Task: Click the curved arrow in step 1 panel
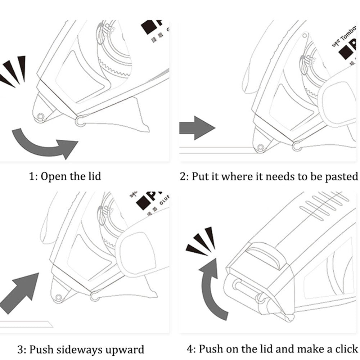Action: click(43, 144)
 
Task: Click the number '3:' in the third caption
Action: click(22, 349)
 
